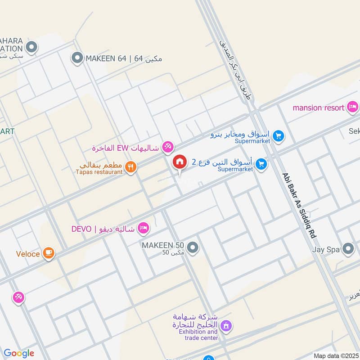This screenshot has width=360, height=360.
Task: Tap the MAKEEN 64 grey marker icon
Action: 77,58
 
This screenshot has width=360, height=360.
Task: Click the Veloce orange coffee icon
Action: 49,254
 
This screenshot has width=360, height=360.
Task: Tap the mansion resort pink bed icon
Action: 353,107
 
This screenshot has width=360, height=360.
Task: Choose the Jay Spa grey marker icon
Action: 348,248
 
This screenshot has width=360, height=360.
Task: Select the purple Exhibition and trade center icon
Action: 226,324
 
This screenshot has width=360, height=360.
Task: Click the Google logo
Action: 19,353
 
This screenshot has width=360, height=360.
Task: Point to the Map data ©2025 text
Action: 336,355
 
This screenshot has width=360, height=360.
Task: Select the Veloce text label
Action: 28,254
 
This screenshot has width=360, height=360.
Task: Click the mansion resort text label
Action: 319,108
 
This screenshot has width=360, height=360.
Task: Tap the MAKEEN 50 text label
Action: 163,245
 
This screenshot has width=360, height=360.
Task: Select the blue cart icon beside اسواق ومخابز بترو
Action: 279,135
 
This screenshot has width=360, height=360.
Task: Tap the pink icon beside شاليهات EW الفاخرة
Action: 168,146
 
